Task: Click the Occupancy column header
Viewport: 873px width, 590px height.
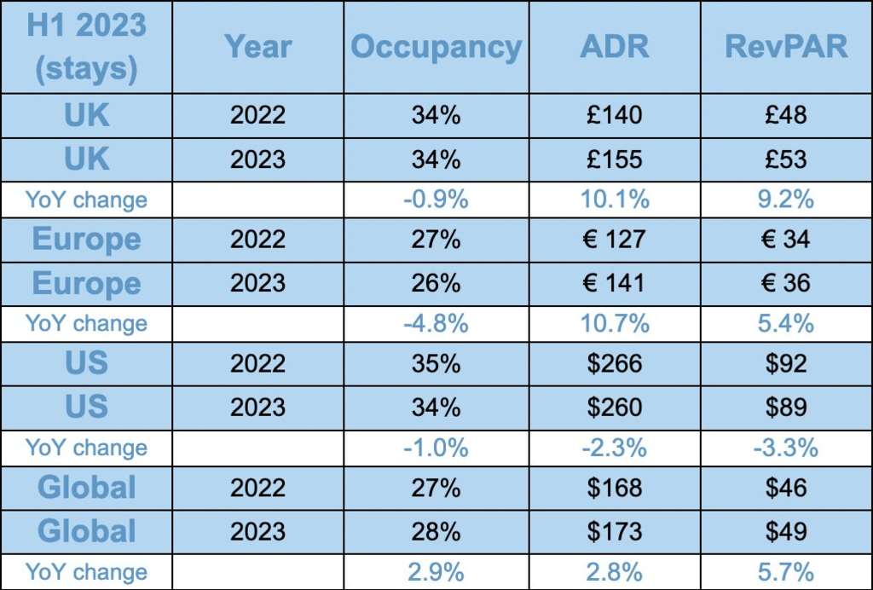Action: [436, 47]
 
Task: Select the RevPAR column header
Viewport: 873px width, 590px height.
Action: [786, 47]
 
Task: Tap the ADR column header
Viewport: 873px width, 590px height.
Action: [614, 47]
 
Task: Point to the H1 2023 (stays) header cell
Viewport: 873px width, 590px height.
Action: [86, 47]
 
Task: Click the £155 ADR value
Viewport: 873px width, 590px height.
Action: [614, 159]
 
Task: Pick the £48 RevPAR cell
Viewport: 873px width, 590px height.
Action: [786, 115]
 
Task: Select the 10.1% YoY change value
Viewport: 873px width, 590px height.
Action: [614, 200]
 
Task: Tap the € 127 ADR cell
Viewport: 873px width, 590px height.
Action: [614, 240]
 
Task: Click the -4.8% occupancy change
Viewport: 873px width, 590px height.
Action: [436, 324]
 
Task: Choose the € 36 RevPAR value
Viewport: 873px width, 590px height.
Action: [786, 283]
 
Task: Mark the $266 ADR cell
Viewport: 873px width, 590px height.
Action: [614, 364]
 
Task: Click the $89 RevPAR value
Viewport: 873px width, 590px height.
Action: [786, 407]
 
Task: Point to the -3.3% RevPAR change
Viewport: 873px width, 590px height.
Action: [786, 448]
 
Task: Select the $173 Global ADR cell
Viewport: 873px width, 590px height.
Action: [614, 531]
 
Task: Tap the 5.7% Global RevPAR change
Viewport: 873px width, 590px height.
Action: [786, 572]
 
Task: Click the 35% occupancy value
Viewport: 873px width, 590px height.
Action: [436, 364]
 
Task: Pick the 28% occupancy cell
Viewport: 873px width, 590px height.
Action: [436, 531]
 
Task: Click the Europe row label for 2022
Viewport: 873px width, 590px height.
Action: [86, 240]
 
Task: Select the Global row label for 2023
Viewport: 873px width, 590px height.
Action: [86, 531]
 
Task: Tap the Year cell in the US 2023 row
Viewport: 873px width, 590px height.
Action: [258, 407]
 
